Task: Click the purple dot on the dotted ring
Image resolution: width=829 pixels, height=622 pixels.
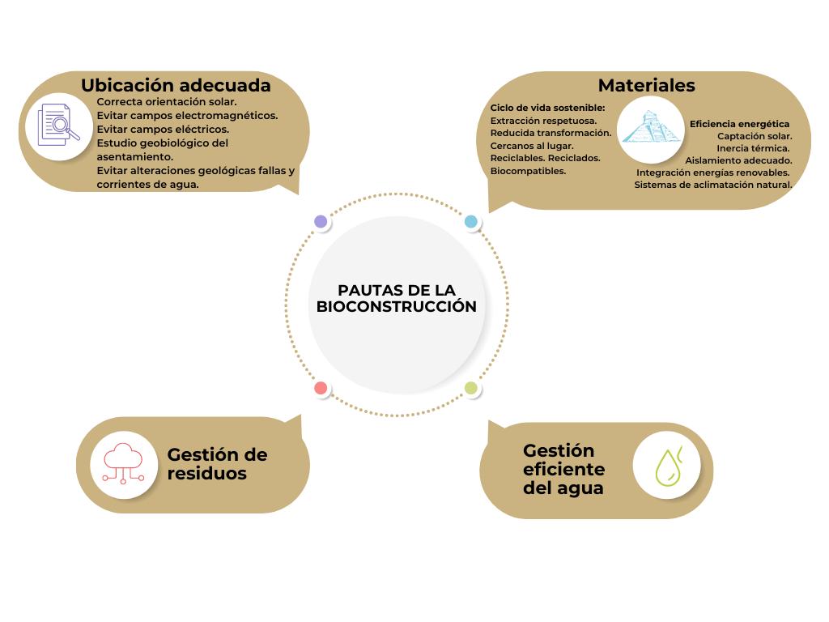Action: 321,221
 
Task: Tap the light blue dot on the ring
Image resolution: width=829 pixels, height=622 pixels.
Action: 471,221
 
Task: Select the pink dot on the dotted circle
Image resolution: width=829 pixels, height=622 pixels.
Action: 321,389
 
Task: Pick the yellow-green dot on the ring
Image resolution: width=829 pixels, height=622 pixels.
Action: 471,389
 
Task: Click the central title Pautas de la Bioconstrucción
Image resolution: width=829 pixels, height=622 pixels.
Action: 396,298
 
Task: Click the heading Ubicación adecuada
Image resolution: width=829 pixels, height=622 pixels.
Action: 176,85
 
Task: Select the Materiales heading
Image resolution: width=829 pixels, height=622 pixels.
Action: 646,85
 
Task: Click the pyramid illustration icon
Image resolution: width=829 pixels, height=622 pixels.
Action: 651,130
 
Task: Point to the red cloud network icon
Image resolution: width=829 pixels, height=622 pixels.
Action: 123,464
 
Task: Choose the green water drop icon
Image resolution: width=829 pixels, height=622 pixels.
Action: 666,465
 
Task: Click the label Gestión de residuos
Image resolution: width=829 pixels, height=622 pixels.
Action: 217,464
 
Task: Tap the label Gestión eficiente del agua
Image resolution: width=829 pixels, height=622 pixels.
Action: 564,469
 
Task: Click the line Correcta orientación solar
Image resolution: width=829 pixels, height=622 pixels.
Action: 167,102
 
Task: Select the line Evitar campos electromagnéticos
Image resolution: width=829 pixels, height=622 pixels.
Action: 187,116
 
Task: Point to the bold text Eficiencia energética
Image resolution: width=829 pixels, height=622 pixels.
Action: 739,124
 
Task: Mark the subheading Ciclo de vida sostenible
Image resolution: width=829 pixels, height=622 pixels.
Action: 547,108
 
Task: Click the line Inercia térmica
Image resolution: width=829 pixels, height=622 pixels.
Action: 753,148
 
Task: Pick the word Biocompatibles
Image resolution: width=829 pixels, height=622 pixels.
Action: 528,171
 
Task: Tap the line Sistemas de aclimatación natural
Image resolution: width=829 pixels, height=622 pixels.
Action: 712,185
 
